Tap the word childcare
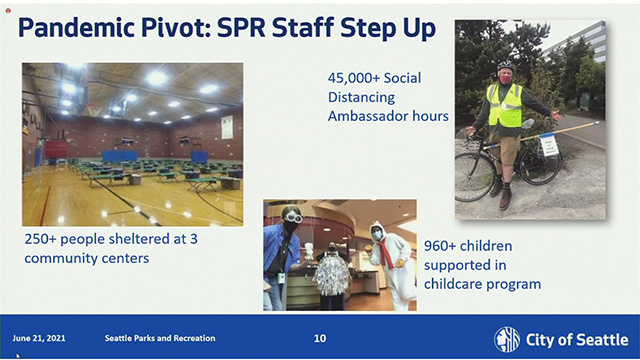click(x=458, y=284)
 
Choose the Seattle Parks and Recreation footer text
click(x=160, y=338)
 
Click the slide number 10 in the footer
click(x=319, y=338)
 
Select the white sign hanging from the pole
click(x=549, y=145)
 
